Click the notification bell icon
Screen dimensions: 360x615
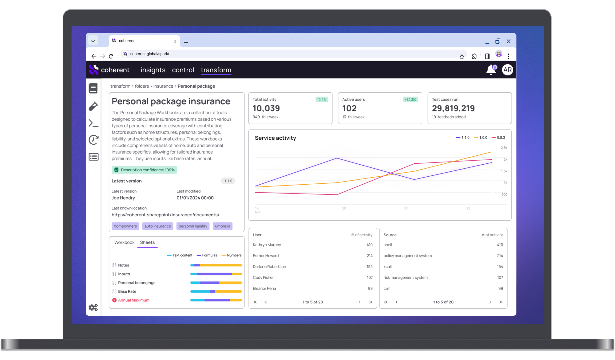[491, 70]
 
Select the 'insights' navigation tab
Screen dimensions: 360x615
[153, 70]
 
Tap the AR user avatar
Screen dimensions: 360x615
[507, 70]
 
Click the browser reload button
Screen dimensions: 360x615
[111, 56]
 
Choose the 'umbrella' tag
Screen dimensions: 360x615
[222, 226]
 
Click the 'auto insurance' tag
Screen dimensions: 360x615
[157, 226]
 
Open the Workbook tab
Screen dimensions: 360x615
[124, 242]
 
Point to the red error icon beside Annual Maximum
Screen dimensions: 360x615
[114, 300]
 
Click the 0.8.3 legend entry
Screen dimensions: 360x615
[498, 138]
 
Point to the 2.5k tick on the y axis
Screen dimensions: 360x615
[504, 148]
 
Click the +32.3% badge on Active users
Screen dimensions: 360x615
[410, 100]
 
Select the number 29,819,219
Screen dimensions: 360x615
[453, 108]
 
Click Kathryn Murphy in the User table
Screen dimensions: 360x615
[267, 245]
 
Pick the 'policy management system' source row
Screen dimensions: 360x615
[407, 256]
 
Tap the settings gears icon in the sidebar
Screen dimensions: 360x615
[93, 307]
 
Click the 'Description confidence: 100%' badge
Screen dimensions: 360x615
[144, 170]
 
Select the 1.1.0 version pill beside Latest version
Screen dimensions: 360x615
[228, 181]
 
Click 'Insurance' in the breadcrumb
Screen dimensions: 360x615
[163, 86]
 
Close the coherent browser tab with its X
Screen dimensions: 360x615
[175, 41]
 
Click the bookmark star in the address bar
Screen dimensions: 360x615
[462, 56]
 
